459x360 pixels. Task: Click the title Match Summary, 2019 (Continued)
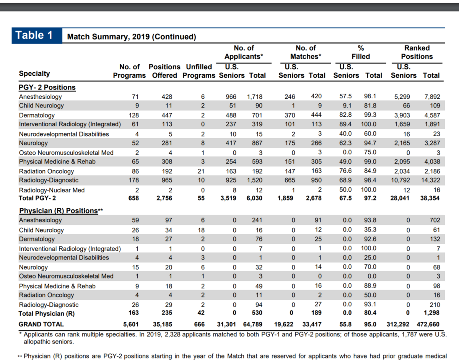131,37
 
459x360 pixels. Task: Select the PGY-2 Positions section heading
47,87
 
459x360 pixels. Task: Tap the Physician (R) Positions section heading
59,211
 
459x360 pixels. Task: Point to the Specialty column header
34,73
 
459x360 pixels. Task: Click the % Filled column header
360,52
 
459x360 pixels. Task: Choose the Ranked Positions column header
417,52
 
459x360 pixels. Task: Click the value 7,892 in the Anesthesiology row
432,97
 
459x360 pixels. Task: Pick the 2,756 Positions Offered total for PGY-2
164,198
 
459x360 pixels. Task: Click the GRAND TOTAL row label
41,324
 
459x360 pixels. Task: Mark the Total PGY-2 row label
37,198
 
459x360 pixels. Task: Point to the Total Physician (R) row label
47,314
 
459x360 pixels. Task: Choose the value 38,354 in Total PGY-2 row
430,198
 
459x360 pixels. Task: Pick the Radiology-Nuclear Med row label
52,190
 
